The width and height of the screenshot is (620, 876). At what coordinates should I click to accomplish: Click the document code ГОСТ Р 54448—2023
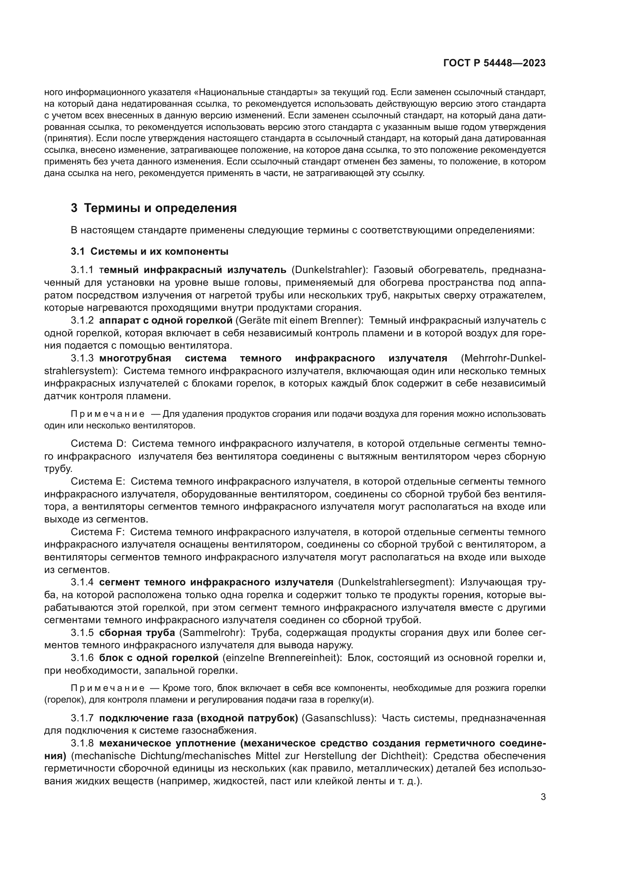pos(494,63)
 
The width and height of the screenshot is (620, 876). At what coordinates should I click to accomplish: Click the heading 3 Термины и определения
pos(154,208)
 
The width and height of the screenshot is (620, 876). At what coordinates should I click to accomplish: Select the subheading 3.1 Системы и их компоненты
pos(150,251)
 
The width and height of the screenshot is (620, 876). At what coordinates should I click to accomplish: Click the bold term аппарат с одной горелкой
pos(166,321)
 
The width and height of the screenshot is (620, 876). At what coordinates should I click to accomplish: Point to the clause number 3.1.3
pos(82,359)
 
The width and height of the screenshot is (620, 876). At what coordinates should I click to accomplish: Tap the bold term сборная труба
pos(137,633)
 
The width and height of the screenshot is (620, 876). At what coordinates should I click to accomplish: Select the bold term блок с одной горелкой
pos(159,658)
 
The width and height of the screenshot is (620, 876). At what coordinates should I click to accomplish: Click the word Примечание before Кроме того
pos(108,688)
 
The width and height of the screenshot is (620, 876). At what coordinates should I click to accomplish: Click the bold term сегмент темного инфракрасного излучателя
pos(216,582)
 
